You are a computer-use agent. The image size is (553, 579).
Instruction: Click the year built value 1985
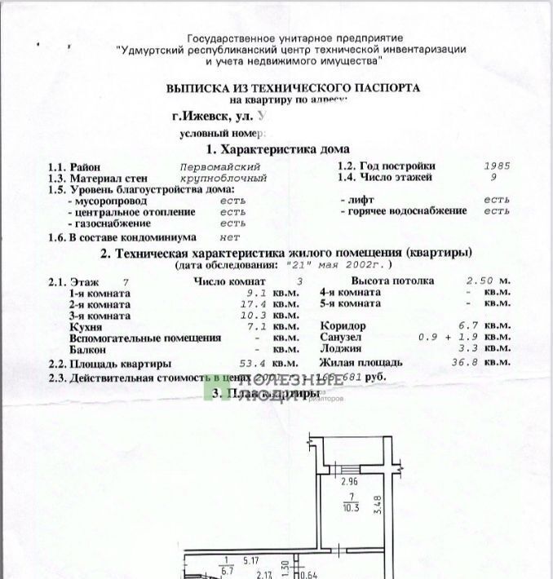(497, 165)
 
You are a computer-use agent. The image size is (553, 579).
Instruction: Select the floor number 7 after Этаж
(125, 281)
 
